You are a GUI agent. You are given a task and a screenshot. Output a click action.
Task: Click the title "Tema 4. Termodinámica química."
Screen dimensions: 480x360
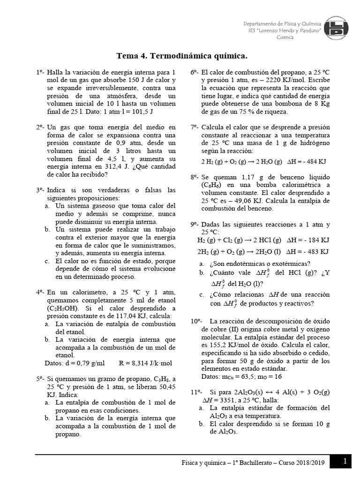click(x=181, y=57)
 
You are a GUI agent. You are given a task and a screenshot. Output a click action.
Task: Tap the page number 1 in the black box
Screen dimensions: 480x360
click(x=345, y=462)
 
